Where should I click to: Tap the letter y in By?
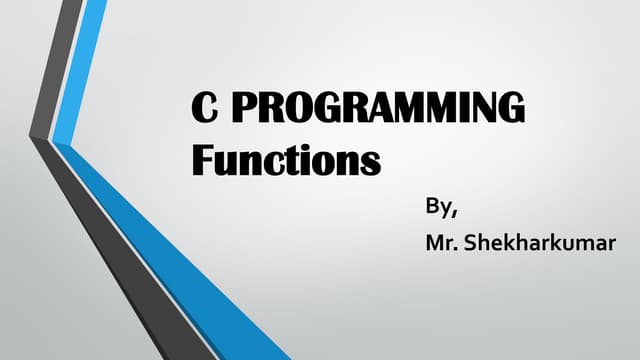click(447, 213)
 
